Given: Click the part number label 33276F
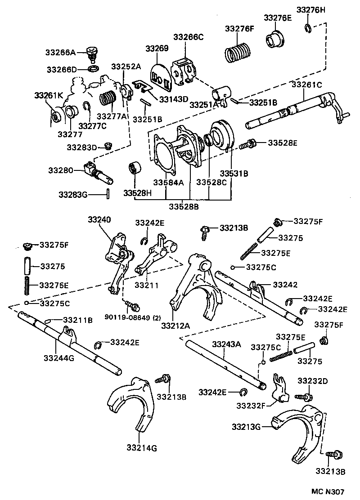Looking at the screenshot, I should (239, 28).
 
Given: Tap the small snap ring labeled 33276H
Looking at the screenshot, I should (307, 28).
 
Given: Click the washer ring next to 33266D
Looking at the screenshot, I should (94, 69).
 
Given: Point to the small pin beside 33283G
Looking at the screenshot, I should (108, 194).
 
